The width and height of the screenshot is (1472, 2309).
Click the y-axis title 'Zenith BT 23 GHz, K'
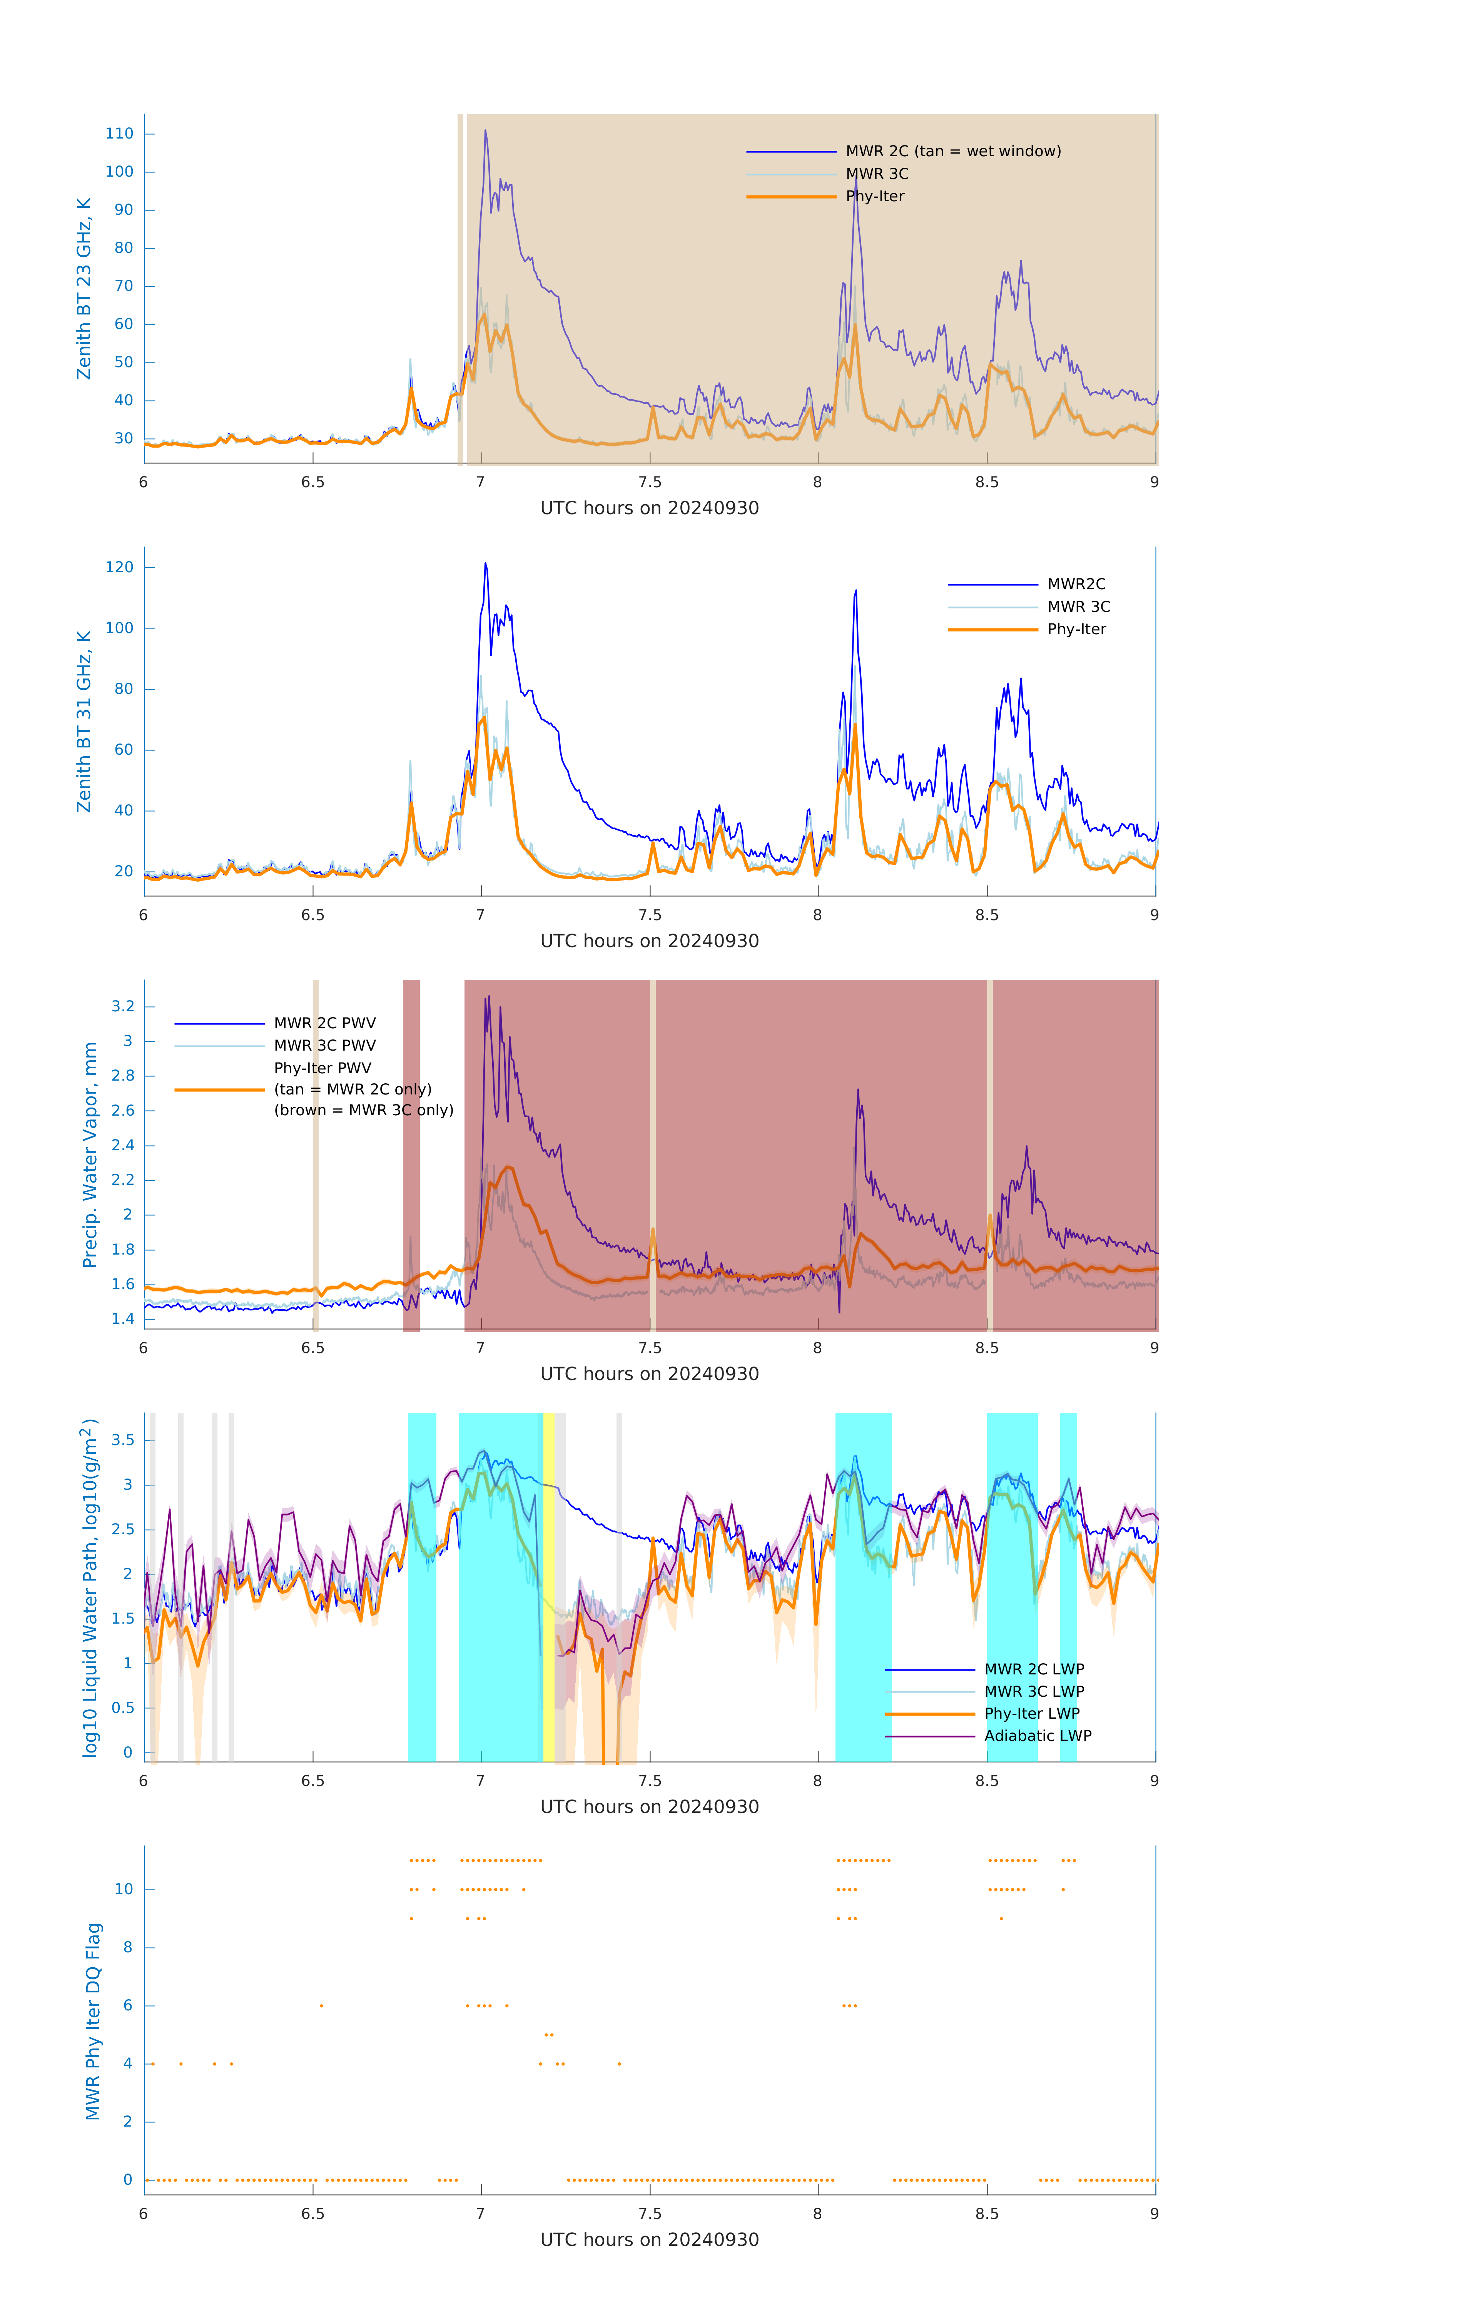84,289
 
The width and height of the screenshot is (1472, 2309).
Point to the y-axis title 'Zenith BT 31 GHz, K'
84,721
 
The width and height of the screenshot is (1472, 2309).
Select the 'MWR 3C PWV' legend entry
324,1045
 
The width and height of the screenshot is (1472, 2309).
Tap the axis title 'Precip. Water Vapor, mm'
90,1154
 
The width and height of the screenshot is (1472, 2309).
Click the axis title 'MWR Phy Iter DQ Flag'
93,2020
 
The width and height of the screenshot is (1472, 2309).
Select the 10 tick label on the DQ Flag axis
124,1889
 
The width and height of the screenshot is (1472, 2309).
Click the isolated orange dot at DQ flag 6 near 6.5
321,2005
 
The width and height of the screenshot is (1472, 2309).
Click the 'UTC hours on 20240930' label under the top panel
649,508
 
